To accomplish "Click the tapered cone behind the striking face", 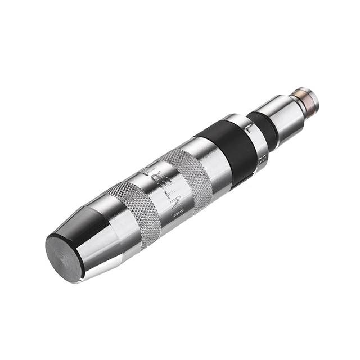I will [98, 236].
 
